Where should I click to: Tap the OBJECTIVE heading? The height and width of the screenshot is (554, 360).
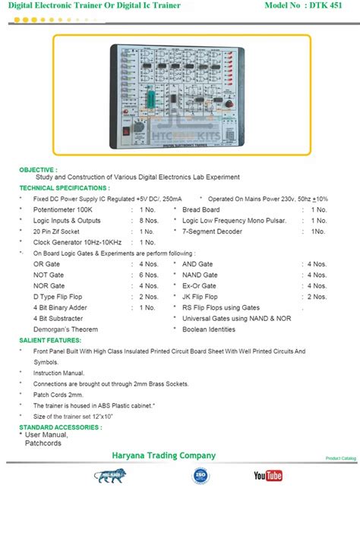point(38,170)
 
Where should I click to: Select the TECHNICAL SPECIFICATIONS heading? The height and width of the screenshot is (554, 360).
point(65,187)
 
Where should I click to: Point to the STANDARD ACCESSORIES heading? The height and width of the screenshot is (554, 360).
point(61,427)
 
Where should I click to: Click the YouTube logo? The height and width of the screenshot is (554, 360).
point(267,476)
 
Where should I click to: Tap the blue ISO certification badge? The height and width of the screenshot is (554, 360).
point(201,476)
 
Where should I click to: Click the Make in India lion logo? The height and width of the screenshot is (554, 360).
point(110,476)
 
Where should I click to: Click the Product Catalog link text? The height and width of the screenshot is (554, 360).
point(340,458)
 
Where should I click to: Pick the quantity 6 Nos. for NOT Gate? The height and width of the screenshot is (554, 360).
point(147,275)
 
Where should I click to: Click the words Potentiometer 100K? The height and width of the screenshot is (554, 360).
point(63,209)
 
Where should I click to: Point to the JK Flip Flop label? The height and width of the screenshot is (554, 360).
point(200,297)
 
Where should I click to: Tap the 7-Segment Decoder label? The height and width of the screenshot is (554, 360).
point(213,231)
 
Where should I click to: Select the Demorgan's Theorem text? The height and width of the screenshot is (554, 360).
point(66,329)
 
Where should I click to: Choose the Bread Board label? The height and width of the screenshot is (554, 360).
point(201,209)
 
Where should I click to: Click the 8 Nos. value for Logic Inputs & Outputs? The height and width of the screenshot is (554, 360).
point(147,220)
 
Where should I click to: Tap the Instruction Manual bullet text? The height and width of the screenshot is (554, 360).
point(58,373)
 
